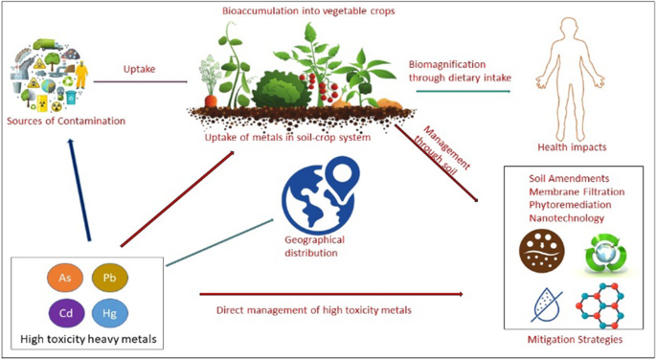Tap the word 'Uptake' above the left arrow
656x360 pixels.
(141, 69)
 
